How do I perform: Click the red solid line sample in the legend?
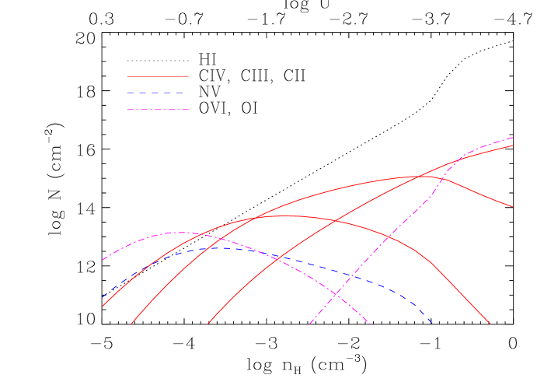pyautogui.click(x=158, y=76)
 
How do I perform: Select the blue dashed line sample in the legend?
pyautogui.click(x=158, y=93)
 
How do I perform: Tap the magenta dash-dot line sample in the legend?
pyautogui.click(x=158, y=109)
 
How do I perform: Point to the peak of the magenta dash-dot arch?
pyautogui.click(x=180, y=232)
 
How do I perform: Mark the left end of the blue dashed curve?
pyautogui.click(x=102, y=297)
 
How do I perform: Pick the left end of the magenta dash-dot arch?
pyautogui.click(x=102, y=260)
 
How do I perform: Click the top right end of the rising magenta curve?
pyautogui.click(x=513, y=138)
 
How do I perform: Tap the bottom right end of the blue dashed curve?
pyautogui.click(x=431, y=323)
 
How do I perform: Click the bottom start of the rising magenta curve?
pyautogui.click(x=309, y=324)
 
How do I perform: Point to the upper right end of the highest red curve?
pyautogui.click(x=513, y=145)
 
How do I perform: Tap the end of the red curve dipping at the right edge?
pyautogui.click(x=513, y=207)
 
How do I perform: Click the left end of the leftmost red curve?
pyautogui.click(x=102, y=306)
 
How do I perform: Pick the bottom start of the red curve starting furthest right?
pyautogui.click(x=208, y=324)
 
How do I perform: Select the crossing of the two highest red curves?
pyautogui.click(x=421, y=177)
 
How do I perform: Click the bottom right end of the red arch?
pyautogui.click(x=490, y=323)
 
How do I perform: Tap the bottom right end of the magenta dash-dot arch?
pyautogui.click(x=370, y=323)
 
